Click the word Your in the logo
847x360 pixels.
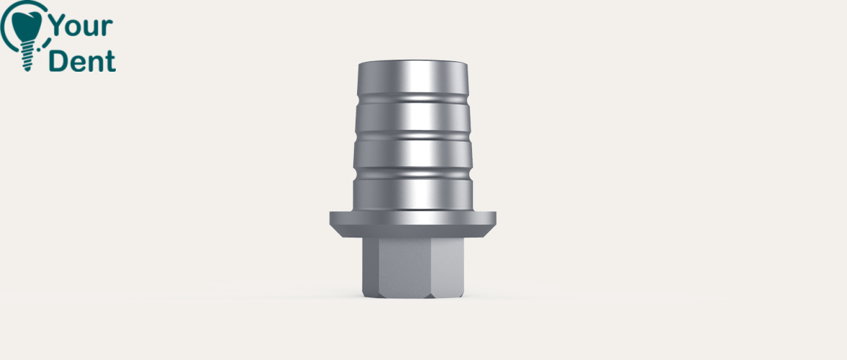pos(81,26)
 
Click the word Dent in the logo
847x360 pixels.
pos(82,61)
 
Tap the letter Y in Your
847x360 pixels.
pos(58,26)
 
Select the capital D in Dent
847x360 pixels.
pos(58,61)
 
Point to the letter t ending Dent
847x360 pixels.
pos(111,62)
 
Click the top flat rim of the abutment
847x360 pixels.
pos(413,62)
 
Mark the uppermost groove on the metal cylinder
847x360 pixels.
pos(413,99)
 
